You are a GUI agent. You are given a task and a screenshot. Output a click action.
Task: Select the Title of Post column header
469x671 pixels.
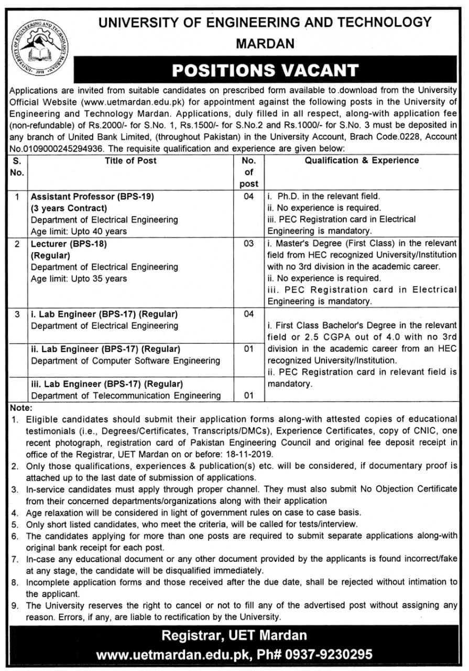130,160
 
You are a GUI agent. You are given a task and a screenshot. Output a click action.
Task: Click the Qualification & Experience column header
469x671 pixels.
362,160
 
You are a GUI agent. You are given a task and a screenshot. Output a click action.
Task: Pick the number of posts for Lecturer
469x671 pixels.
249,244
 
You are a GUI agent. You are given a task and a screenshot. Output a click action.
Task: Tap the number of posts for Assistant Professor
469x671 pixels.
249,197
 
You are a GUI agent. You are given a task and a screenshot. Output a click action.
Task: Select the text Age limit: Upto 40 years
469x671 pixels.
79,231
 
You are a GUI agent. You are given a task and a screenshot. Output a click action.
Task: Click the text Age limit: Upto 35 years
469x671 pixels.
79,278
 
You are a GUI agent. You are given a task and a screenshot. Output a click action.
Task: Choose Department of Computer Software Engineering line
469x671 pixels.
125,361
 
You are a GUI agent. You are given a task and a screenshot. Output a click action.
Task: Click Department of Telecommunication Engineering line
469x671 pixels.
126,395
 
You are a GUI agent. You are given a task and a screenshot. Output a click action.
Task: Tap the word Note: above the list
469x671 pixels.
21,407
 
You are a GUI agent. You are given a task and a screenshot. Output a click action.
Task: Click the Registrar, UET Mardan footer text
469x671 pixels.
234,636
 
